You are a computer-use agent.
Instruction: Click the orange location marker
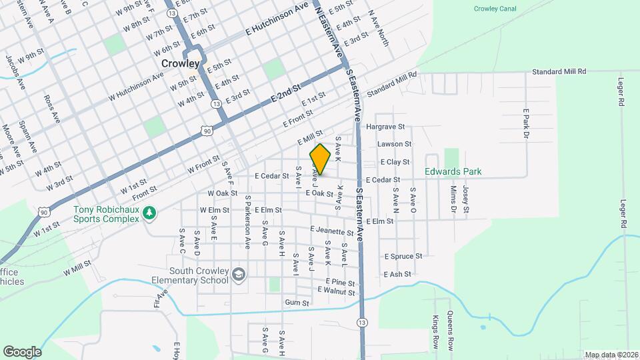tap(320, 159)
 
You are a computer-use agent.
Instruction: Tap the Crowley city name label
tap(181, 63)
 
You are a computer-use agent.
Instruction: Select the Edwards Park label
tap(453, 171)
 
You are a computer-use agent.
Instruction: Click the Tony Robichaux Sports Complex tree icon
tap(151, 212)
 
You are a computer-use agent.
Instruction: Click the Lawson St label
tap(394, 144)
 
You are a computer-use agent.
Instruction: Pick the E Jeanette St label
tap(331, 231)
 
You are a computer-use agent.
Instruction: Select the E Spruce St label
tap(403, 256)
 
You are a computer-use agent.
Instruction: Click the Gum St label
tap(297, 303)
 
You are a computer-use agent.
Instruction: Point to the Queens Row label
tap(451, 331)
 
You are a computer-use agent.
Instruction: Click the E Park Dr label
tap(525, 123)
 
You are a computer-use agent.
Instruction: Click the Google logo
tap(22, 351)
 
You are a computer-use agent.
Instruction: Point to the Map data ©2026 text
tap(611, 355)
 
